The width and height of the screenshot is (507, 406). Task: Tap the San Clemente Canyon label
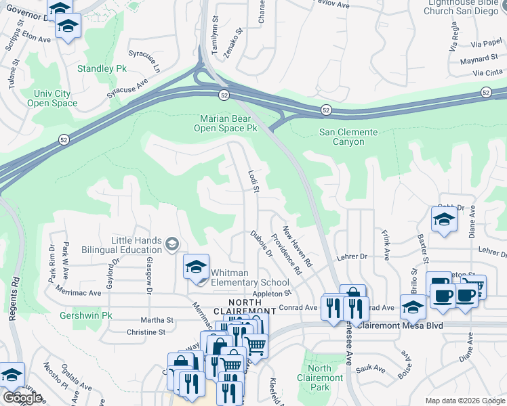[351, 137]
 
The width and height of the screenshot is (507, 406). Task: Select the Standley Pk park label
[102, 69]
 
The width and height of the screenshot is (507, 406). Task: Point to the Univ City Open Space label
[52, 98]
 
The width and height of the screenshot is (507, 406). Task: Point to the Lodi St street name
[254, 180]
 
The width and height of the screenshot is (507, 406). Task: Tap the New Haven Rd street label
[296, 246]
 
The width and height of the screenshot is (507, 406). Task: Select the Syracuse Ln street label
[153, 60]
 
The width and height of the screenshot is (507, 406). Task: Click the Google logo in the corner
[22, 397]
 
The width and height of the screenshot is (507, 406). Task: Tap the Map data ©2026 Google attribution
[464, 401]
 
